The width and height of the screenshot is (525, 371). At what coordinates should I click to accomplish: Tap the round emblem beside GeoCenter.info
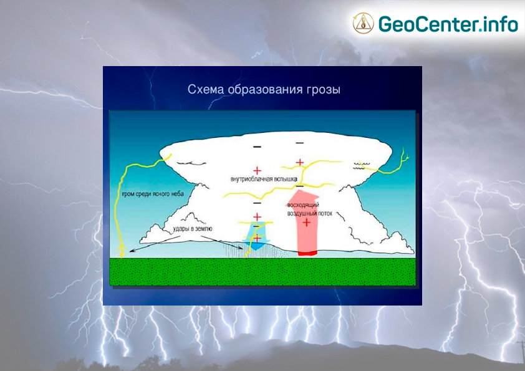coord(364,24)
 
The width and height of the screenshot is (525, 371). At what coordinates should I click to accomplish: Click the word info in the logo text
coord(501,24)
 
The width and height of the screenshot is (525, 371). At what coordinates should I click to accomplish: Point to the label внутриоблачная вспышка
coord(264,179)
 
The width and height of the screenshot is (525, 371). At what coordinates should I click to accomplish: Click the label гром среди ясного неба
coord(152,194)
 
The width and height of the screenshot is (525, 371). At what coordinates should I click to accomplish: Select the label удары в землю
coord(193,229)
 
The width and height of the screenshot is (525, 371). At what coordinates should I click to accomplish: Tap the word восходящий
coord(304,205)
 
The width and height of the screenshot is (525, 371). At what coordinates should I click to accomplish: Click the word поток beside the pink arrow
coord(324,213)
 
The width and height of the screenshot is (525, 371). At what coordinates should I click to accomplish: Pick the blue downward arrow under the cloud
coord(257,236)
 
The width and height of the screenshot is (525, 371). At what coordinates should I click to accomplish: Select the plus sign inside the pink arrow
coord(306,223)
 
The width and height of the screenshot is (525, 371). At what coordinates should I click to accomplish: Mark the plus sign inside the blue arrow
coord(257,238)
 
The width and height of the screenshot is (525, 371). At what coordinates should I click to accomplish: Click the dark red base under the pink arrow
coord(307,254)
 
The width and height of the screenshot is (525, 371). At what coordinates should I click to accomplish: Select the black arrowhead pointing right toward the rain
coord(241,248)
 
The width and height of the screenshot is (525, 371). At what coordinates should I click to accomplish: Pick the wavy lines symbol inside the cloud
coord(362,166)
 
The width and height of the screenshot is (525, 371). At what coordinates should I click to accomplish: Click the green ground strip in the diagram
coord(262,272)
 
